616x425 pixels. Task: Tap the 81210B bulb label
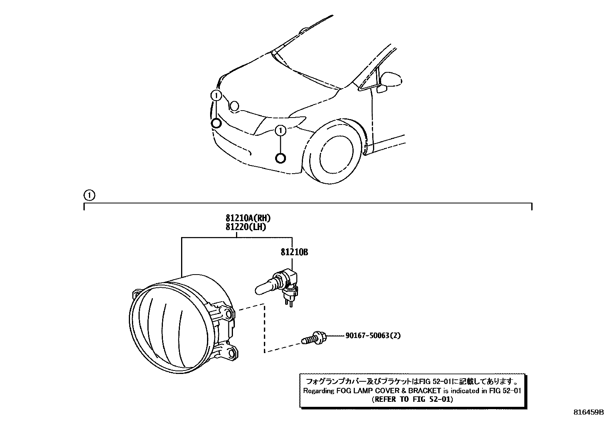pyautogui.click(x=294, y=253)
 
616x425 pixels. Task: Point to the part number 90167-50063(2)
pyautogui.click(x=373, y=336)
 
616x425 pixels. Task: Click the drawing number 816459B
pyautogui.click(x=589, y=412)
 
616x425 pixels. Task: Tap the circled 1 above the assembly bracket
pyautogui.click(x=89, y=195)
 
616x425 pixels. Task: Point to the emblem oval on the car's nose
pyautogui.click(x=234, y=106)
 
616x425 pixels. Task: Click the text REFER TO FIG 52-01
pyautogui.click(x=412, y=399)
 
